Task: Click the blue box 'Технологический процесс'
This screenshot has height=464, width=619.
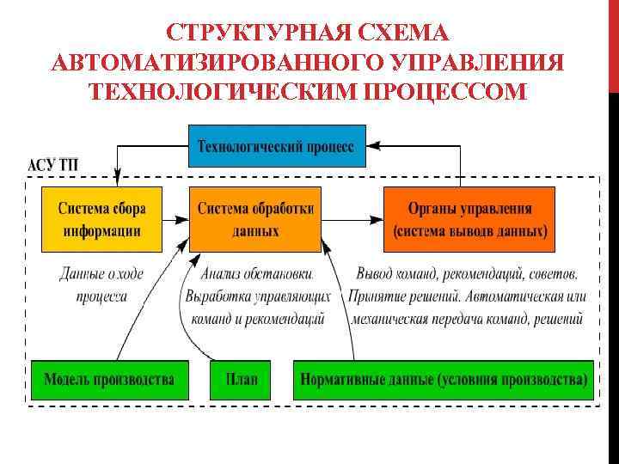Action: coord(276,146)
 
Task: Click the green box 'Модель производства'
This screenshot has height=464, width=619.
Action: coord(108,379)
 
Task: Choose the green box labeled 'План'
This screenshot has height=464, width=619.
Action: coord(240,379)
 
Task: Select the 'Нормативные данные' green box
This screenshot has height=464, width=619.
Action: coord(443,379)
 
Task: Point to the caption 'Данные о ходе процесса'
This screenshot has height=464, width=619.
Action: coord(101,285)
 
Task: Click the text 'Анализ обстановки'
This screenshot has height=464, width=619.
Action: coord(256,274)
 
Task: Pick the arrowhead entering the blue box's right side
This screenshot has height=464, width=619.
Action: coord(372,146)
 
